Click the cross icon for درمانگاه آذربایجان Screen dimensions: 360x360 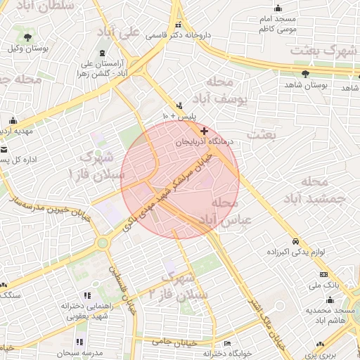(205, 131)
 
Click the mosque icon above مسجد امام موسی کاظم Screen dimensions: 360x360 (278, 8)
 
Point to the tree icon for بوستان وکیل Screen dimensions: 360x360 (27, 37)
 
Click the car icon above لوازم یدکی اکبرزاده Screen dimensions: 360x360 (296, 240)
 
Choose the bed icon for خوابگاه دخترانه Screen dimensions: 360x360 (226, 343)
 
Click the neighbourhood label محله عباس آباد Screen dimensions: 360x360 (225, 212)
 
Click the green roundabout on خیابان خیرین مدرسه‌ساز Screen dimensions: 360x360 (103, 243)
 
